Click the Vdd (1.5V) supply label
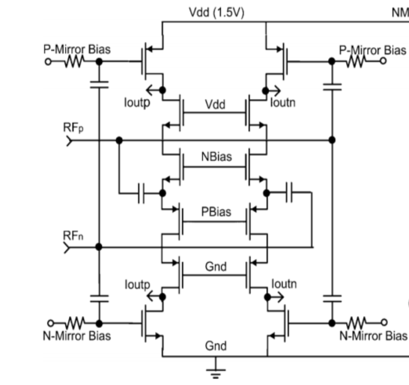click(x=216, y=13)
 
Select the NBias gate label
click(x=216, y=157)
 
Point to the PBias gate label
click(x=216, y=211)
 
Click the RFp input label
click(x=73, y=128)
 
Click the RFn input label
click(x=73, y=236)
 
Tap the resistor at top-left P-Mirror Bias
click(x=74, y=62)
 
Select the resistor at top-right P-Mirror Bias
click(x=357, y=61)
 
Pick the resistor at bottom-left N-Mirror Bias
click(x=76, y=323)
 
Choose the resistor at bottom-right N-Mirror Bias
click(x=357, y=323)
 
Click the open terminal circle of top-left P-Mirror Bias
click(x=48, y=62)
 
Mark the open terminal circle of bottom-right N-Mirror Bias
click(x=384, y=323)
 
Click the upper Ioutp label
click(x=137, y=103)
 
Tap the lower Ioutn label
click(x=284, y=284)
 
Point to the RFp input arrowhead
click(x=69, y=141)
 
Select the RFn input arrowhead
click(x=67, y=247)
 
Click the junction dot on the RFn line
click(x=99, y=246)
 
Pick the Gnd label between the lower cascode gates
click(x=216, y=267)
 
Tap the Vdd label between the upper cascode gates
click(x=215, y=105)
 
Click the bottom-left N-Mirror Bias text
click(x=76, y=336)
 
